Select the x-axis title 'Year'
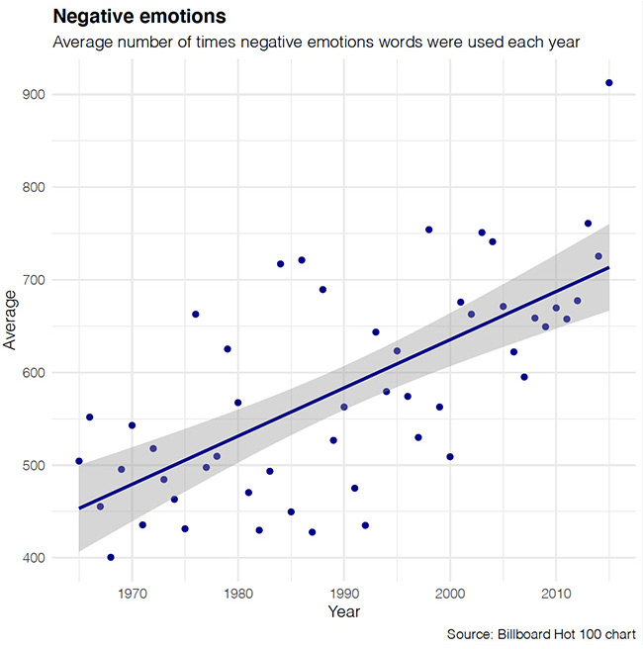point(343,612)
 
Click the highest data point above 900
point(608,83)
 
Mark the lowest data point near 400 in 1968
point(111,557)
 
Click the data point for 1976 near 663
point(195,314)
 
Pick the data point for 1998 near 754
point(428,230)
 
